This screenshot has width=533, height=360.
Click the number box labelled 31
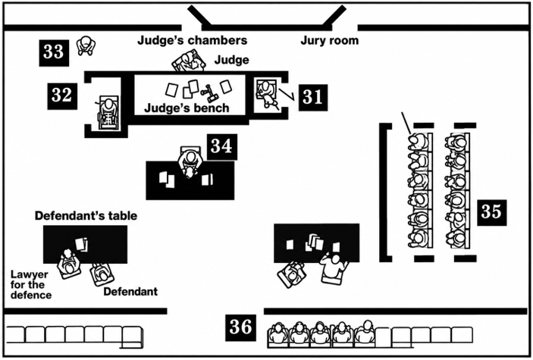(x=313, y=97)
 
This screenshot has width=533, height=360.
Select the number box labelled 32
(x=62, y=96)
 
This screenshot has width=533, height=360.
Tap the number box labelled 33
(x=54, y=53)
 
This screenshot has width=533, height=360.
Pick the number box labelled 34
(x=222, y=147)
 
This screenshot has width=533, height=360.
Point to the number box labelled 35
(x=492, y=213)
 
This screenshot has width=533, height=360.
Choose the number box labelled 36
(x=240, y=327)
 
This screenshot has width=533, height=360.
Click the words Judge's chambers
(x=192, y=40)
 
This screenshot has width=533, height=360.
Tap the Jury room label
(x=329, y=40)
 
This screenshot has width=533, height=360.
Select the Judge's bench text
(x=187, y=108)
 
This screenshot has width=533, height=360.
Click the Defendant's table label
(x=86, y=216)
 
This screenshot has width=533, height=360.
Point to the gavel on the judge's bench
(x=208, y=92)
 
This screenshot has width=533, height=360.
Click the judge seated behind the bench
(x=189, y=61)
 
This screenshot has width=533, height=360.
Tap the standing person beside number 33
(x=86, y=45)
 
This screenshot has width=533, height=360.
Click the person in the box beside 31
(x=267, y=93)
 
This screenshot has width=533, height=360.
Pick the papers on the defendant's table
(x=82, y=244)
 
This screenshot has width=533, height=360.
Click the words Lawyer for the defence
(x=30, y=284)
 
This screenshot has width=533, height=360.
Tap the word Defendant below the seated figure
(x=130, y=292)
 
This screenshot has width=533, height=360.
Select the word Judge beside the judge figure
(x=231, y=60)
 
